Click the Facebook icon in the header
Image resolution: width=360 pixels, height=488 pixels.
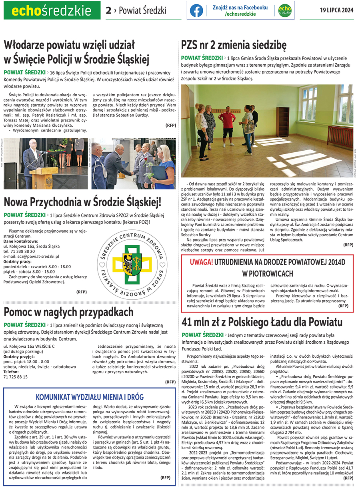click(x=196, y=11)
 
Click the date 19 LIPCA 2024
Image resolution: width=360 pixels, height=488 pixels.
click(x=337, y=11)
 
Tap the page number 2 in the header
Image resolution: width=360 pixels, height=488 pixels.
click(x=108, y=11)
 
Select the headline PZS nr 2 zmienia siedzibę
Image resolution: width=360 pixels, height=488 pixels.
click(x=234, y=44)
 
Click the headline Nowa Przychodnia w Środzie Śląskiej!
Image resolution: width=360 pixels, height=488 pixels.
click(x=82, y=202)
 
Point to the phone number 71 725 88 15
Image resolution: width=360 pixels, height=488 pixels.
click(x=16, y=376)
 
